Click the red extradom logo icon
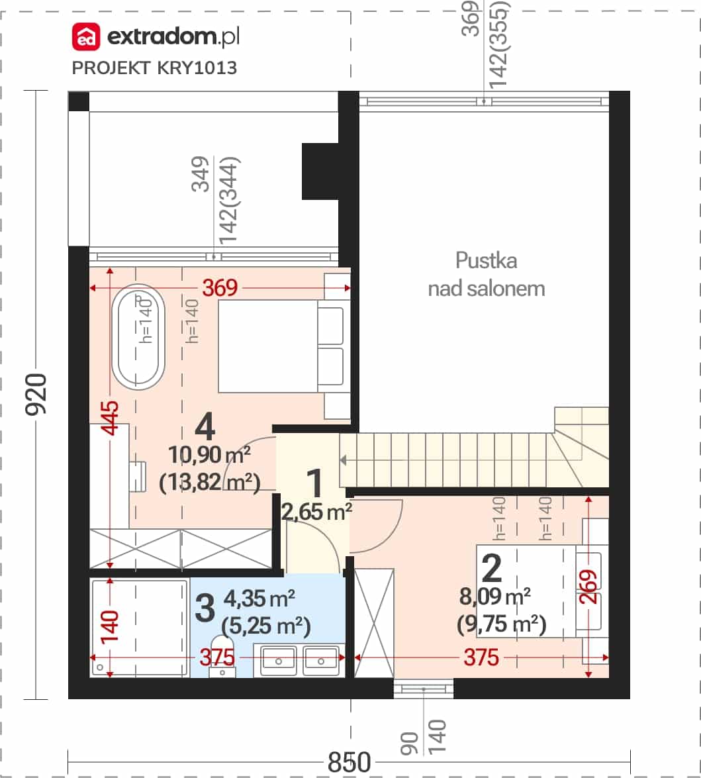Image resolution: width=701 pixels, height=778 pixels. [86, 36]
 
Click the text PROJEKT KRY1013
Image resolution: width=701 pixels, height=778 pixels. [154, 68]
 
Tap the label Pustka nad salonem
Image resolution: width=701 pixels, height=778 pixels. [486, 274]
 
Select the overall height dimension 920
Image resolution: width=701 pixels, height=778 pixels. [36, 395]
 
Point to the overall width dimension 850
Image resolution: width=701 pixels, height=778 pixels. [350, 761]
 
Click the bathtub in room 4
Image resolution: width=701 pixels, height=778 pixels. [138, 337]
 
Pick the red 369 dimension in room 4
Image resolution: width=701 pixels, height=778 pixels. [220, 288]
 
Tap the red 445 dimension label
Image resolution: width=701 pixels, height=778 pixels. [110, 418]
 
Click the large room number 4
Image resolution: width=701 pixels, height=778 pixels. [205, 427]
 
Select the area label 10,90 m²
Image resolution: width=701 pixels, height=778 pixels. [209, 454]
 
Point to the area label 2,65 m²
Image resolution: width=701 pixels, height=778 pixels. [316, 512]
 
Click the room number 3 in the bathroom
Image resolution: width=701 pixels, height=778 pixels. [205, 608]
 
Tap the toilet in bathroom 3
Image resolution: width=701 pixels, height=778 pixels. [223, 655]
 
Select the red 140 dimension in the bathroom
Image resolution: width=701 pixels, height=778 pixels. [110, 627]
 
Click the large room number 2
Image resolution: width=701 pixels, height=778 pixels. [491, 569]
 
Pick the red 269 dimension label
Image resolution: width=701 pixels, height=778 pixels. [588, 587]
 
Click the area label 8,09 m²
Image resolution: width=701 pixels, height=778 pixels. [495, 597]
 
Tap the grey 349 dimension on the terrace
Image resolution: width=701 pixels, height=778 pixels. [201, 173]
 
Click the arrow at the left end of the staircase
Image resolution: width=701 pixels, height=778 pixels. [343, 460]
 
